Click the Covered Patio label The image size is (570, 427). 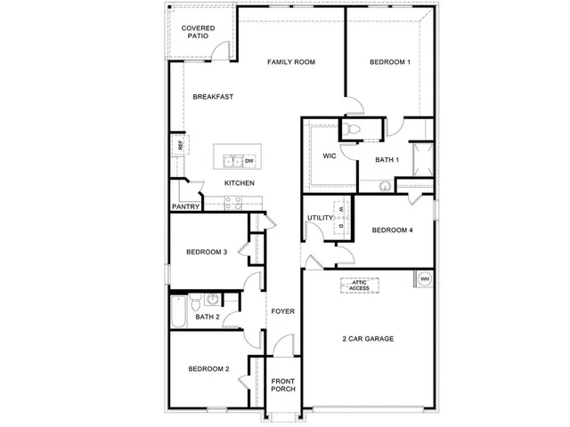click(x=197, y=33)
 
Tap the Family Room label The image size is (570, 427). click(x=292, y=62)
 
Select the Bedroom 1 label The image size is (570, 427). click(x=390, y=62)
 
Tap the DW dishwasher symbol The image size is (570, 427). click(x=250, y=161)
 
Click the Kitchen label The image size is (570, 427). click(x=239, y=183)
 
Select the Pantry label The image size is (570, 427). click(x=186, y=206)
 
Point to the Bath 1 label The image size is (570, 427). click(x=386, y=160)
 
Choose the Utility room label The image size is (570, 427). click(x=319, y=218)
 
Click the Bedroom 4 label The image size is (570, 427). click(x=392, y=231)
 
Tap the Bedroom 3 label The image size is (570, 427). click(x=207, y=252)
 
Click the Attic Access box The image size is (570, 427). click(x=359, y=286)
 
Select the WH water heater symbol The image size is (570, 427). click(x=424, y=279)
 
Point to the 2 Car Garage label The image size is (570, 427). click(x=368, y=339)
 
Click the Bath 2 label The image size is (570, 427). click(x=207, y=317)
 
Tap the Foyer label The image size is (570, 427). click(x=282, y=311)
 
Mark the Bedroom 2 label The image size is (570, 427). click(x=208, y=369)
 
